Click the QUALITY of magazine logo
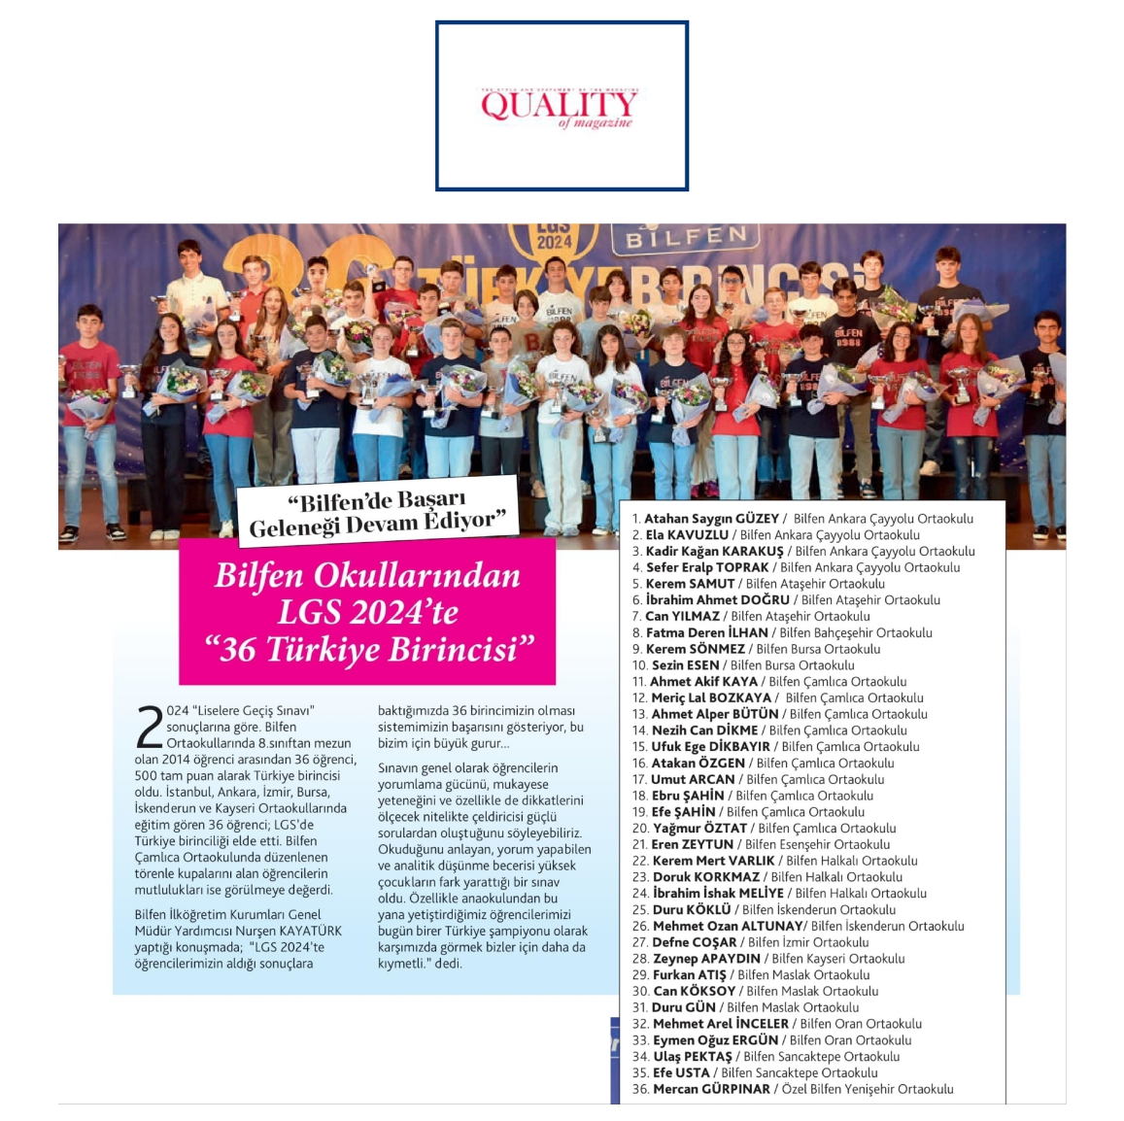561,105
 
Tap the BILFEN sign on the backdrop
686,237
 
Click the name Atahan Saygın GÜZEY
712,519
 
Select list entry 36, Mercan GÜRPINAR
712,1089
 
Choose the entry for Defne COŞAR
695,941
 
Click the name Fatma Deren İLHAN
707,632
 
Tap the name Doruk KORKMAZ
706,876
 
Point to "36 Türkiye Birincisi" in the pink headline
368,649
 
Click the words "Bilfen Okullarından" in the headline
367,575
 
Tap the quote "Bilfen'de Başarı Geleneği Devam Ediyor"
377,513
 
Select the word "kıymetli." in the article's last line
404,964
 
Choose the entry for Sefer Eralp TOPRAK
707,567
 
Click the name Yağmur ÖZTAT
699,828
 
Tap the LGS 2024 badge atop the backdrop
553,236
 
